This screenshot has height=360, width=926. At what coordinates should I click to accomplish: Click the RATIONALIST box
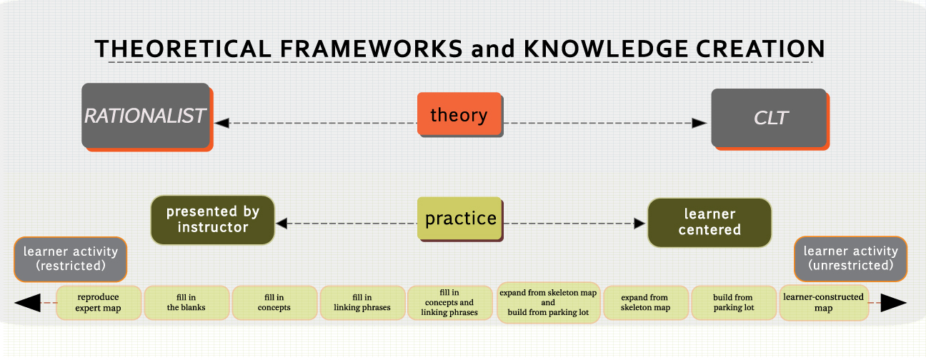146,116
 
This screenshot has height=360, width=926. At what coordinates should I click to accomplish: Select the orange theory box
459,114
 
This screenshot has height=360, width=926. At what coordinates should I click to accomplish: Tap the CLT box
770,118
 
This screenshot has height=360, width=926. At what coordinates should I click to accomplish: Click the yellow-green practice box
461,218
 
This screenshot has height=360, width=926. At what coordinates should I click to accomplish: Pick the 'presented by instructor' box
212,220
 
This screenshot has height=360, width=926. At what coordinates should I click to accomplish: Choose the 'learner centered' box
709,222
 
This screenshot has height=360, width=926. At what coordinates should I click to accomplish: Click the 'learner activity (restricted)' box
70,259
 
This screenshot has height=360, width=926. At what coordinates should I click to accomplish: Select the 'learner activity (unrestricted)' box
850,259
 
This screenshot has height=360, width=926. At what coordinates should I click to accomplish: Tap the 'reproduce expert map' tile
99,303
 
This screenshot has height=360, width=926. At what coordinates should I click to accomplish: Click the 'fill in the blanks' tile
186,303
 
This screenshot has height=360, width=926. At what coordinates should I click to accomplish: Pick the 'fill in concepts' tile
274,303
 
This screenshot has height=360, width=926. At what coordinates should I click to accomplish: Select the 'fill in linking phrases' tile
362,303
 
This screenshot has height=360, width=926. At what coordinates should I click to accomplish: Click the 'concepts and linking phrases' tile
449,303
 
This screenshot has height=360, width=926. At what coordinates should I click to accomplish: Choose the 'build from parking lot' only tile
733,303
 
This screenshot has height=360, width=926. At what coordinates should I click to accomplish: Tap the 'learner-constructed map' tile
823,303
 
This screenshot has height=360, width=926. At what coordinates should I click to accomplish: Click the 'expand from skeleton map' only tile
645,303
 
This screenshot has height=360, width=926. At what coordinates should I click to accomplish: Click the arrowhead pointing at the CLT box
700,123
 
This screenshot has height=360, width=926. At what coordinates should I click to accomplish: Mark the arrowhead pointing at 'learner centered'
639,224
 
